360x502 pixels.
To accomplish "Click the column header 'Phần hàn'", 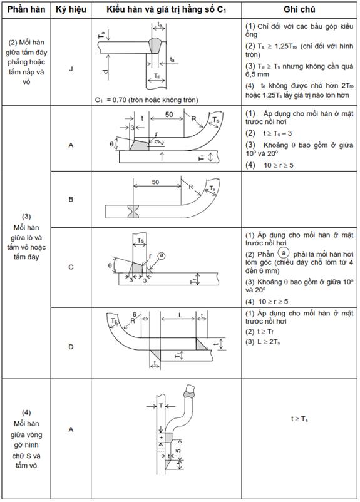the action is pyautogui.click(x=26, y=9).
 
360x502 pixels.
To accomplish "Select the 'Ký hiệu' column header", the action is pyautogui.click(x=71, y=9).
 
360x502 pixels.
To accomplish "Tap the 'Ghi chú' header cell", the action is pyautogui.click(x=299, y=9).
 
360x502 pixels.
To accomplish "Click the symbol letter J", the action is pyautogui.click(x=71, y=69).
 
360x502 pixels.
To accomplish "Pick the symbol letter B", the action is pyautogui.click(x=71, y=199).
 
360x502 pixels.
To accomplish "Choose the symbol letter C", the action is pyautogui.click(x=71, y=267).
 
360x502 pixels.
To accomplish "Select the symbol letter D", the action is pyautogui.click(x=71, y=347).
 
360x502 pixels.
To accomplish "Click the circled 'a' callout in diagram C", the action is pyautogui.click(x=162, y=255).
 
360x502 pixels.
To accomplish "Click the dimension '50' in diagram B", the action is pyautogui.click(x=155, y=182).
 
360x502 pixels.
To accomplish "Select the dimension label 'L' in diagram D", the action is pyautogui.click(x=180, y=315).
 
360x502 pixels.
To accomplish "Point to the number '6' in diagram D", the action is pyautogui.click(x=135, y=315).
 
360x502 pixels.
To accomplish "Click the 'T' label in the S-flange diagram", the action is pyautogui.click(x=161, y=406).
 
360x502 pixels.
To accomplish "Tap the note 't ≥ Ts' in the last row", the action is pyautogui.click(x=299, y=419).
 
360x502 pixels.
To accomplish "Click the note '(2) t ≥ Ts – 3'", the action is pyautogui.click(x=269, y=133).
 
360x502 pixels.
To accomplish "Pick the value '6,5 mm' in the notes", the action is pyautogui.click(x=257, y=74).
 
